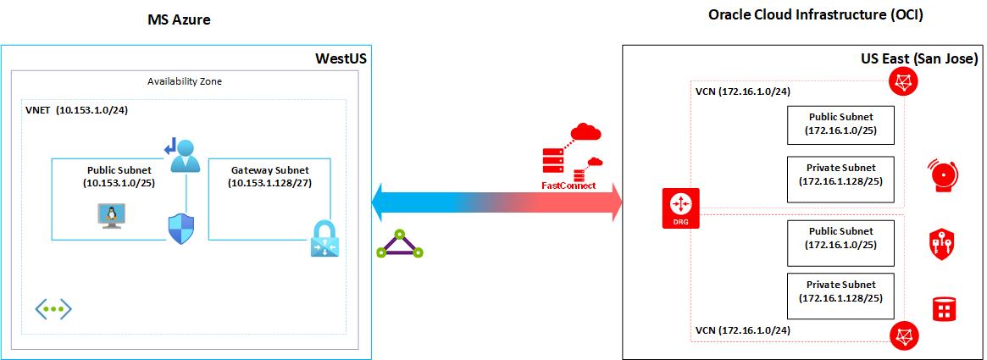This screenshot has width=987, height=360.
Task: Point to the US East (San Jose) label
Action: point(919,58)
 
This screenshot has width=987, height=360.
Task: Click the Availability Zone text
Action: point(185,81)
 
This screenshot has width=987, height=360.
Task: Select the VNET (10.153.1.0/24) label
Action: point(77,110)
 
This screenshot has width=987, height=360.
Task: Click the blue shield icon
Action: point(181,228)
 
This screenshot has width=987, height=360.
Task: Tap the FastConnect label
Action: point(568,186)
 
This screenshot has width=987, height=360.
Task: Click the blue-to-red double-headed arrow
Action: point(496,205)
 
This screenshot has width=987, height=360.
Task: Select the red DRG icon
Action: point(680,208)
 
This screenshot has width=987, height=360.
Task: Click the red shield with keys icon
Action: point(943,243)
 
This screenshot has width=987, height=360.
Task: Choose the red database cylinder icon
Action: point(943,309)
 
